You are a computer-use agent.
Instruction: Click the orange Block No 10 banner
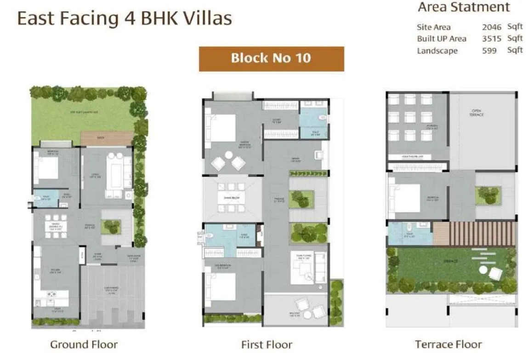(x=271, y=58)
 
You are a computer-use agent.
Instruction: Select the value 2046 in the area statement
(x=491, y=27)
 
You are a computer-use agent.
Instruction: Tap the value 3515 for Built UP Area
(x=491, y=39)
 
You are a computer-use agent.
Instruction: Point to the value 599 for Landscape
(x=489, y=51)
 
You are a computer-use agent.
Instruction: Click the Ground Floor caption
(x=84, y=344)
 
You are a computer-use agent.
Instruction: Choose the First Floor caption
(x=267, y=344)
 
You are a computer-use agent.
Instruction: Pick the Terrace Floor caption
(x=448, y=344)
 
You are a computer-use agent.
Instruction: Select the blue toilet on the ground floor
(x=45, y=199)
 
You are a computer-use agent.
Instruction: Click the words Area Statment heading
(x=464, y=7)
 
